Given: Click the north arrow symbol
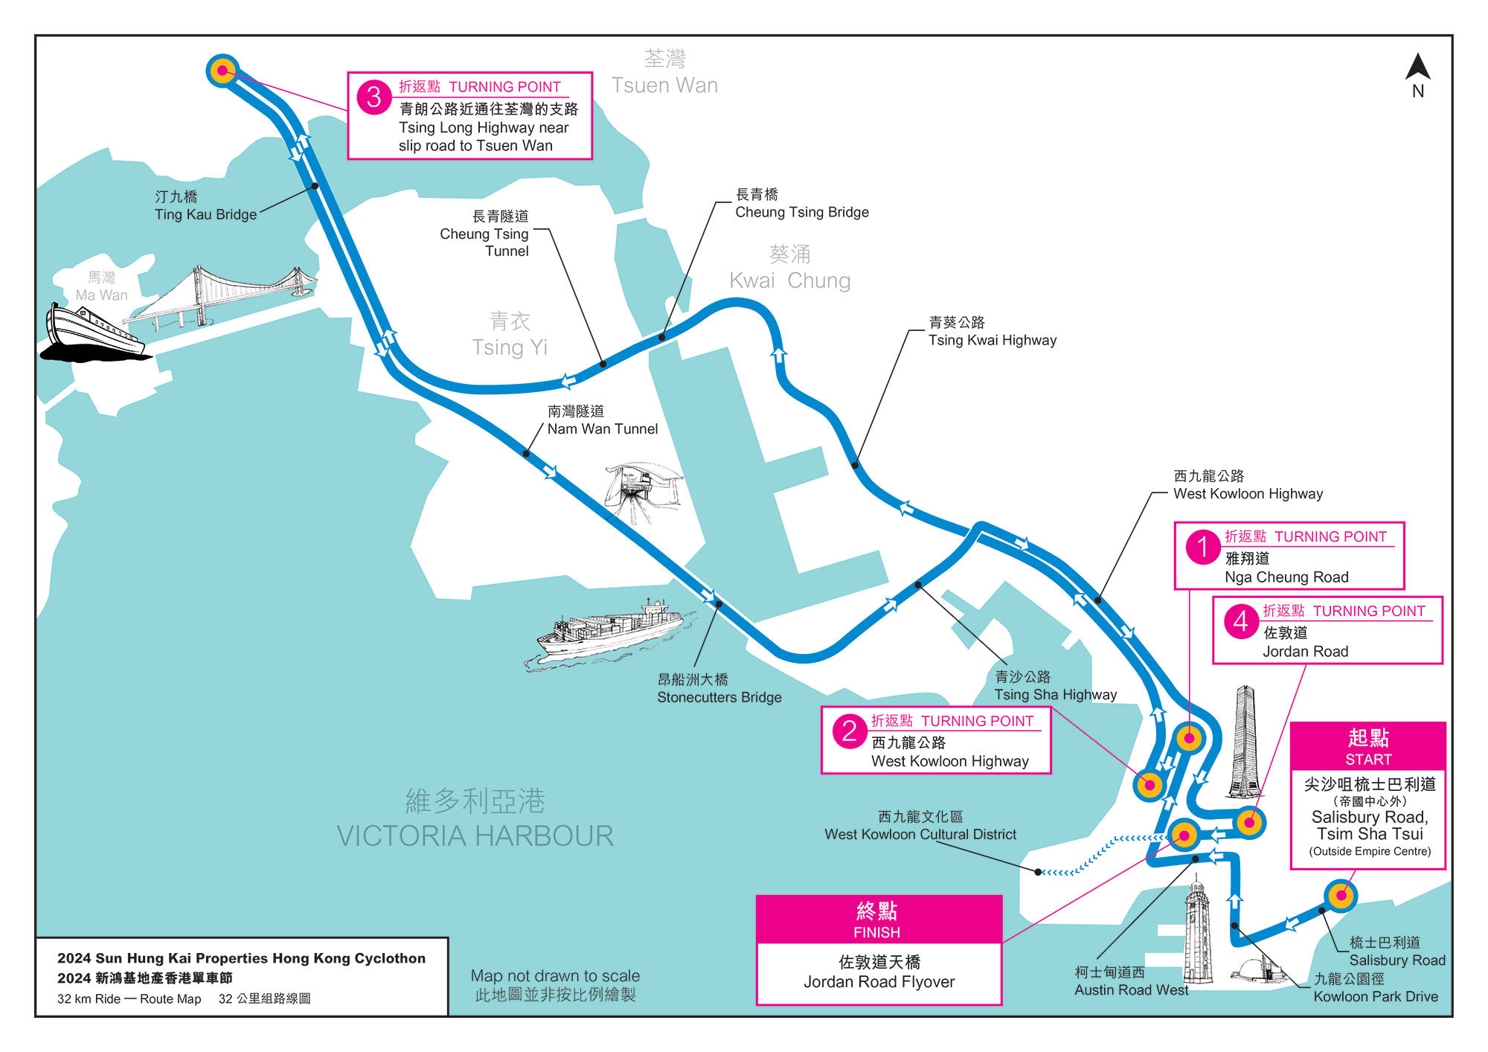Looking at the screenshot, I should point(1417,68).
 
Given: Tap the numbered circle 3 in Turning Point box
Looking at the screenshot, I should point(373,97).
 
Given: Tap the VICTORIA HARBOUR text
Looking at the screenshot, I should point(475,835).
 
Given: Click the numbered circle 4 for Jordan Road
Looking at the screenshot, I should point(1240,620).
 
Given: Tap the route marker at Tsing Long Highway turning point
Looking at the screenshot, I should point(222,71).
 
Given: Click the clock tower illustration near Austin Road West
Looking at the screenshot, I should point(1196,930).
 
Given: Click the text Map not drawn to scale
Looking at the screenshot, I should point(555,975).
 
